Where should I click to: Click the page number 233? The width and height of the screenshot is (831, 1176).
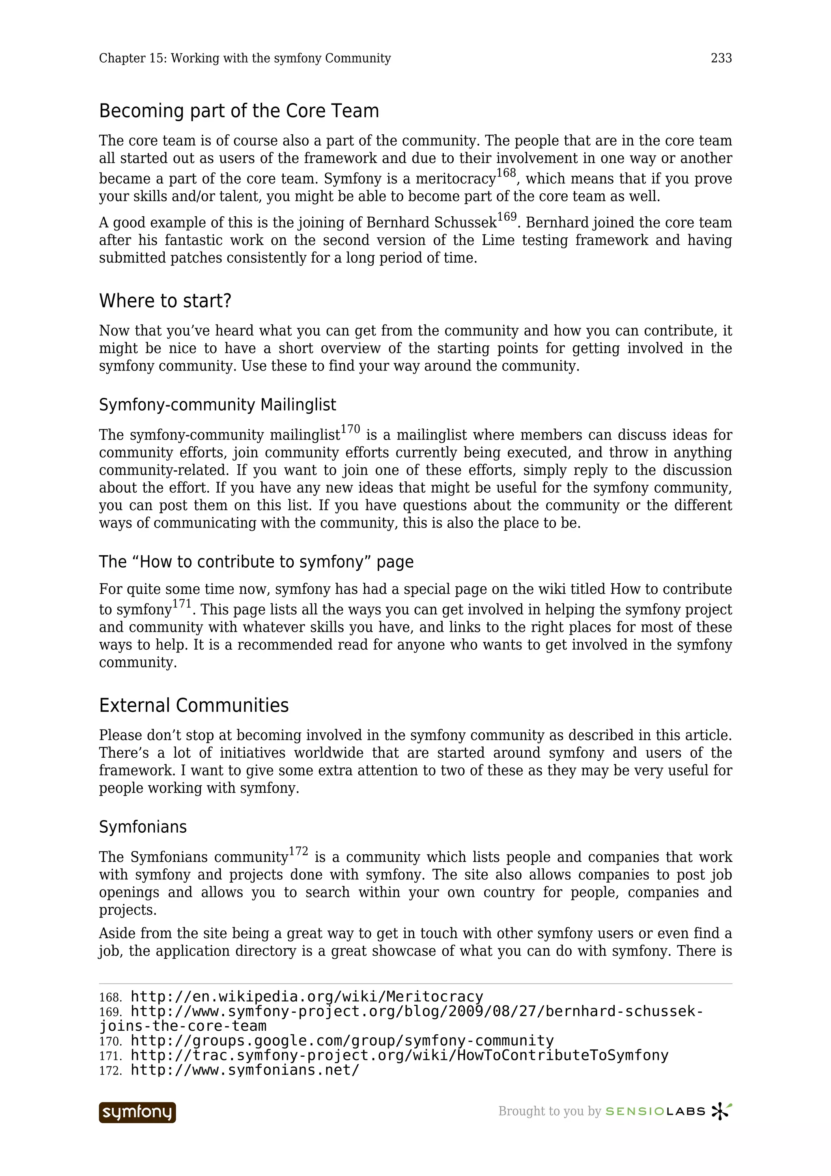tap(721, 58)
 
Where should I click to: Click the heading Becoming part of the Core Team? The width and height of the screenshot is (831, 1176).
tap(239, 111)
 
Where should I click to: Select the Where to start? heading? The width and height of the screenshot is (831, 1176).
tap(165, 301)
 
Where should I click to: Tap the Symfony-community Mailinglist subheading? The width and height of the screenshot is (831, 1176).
tap(217, 405)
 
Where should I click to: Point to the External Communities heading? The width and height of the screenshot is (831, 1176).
tap(194, 706)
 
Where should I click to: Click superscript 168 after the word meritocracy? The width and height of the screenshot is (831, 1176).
tap(506, 173)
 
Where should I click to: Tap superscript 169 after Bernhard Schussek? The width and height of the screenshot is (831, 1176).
tap(506, 217)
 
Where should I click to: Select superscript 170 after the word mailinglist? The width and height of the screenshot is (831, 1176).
tap(350, 429)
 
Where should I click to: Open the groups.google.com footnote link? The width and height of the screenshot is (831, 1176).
tap(342, 1041)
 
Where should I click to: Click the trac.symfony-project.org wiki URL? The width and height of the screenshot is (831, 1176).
tap(399, 1055)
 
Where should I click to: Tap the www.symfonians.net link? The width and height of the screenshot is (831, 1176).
tap(245, 1070)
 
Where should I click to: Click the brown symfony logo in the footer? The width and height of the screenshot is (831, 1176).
tap(137, 1112)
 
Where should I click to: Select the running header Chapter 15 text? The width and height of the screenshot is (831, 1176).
tap(245, 58)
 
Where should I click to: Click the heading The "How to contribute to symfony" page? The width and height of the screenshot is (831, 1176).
tap(256, 562)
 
